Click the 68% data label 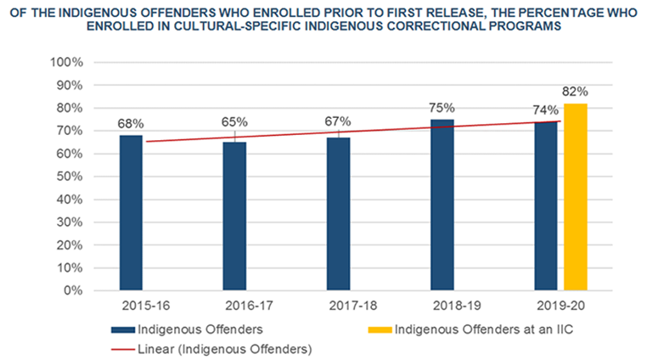pos(131,123)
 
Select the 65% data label pos(234,121)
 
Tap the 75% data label pos(442,108)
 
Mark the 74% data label pos(545,110)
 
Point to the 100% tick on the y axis pos(66,63)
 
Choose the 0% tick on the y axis pos(73,290)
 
